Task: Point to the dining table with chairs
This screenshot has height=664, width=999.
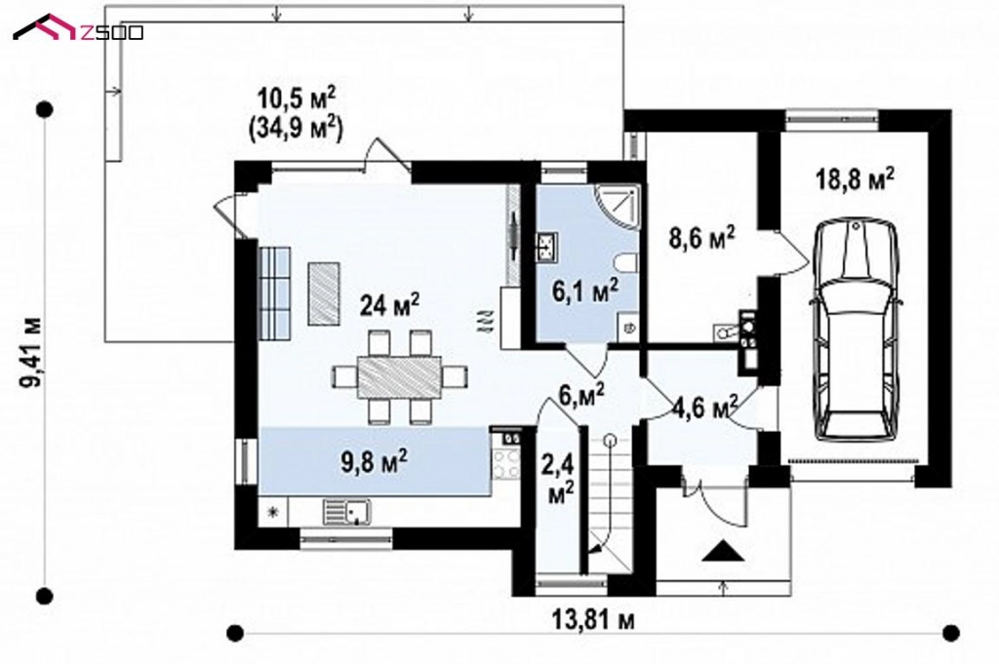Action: coord(399,376)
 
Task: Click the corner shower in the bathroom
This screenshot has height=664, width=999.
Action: coord(617,204)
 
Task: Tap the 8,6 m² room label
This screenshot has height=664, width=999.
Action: coord(700,237)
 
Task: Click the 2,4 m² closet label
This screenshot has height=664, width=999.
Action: coord(561,477)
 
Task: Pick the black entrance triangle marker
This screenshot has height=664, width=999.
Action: coord(722,552)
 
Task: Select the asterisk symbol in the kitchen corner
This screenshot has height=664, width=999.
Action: coord(273,511)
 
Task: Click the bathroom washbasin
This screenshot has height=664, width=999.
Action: coord(545,244)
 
